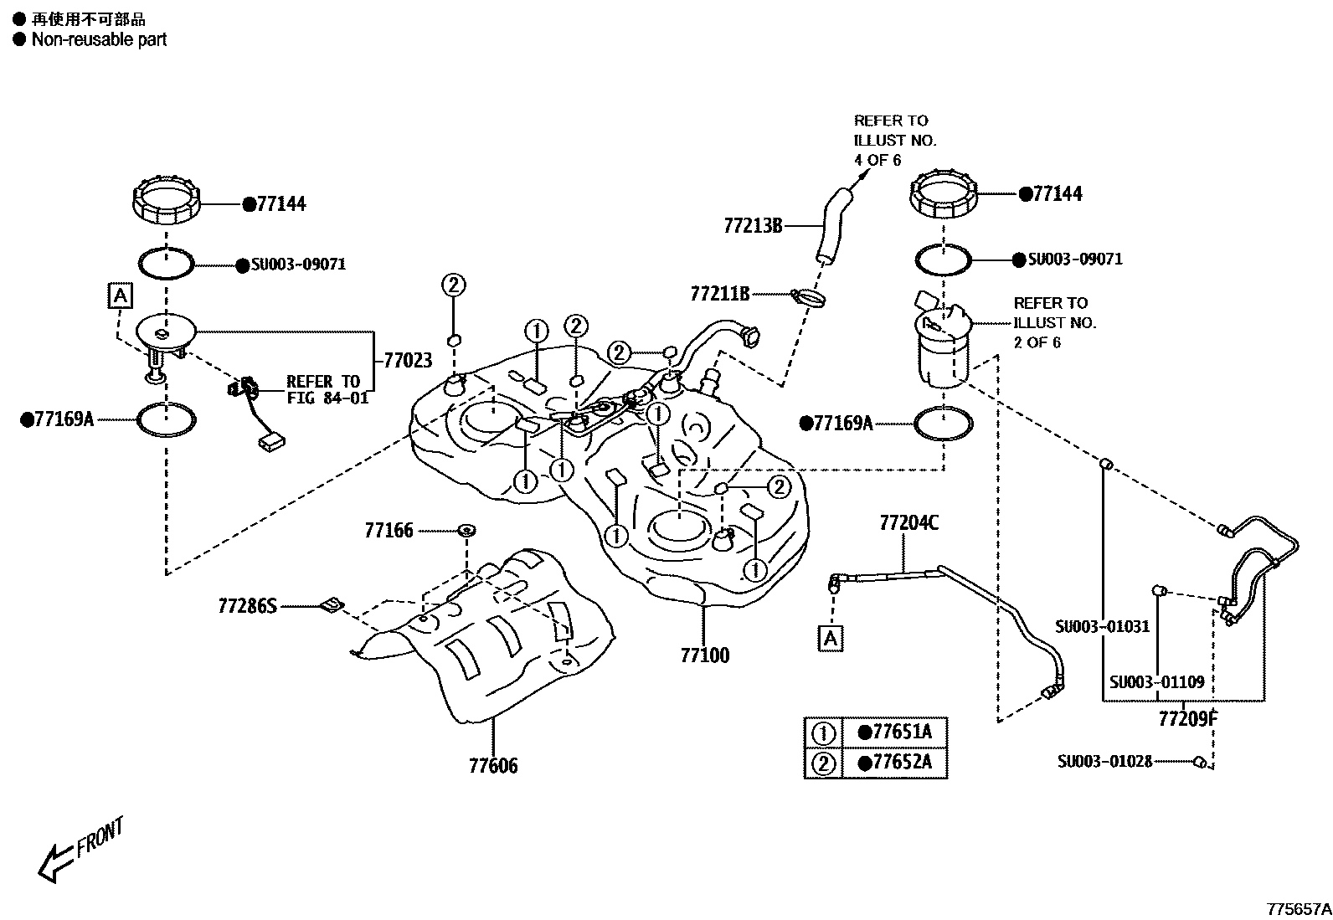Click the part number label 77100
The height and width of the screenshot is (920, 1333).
click(704, 655)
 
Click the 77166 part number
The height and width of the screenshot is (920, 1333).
click(389, 530)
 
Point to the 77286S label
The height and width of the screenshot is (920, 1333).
click(247, 605)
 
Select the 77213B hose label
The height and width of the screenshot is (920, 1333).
click(753, 225)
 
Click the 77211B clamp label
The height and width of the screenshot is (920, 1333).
click(719, 294)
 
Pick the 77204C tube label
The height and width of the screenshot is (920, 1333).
click(908, 523)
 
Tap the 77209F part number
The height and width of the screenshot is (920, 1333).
click(1187, 717)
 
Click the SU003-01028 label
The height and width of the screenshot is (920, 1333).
click(1104, 761)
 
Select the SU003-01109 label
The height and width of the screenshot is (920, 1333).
click(1156, 681)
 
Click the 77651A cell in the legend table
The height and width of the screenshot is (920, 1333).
click(894, 732)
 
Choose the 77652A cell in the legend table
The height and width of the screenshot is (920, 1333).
click(894, 763)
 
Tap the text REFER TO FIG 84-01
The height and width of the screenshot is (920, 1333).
click(327, 389)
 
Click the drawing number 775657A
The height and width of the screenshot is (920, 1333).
click(1297, 907)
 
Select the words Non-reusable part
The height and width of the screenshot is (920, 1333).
click(99, 39)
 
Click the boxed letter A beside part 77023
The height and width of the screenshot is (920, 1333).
click(121, 296)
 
